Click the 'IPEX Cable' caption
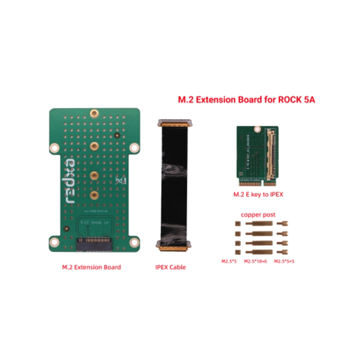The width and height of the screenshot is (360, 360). [x=170, y=267]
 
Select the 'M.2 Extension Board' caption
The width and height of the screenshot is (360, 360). [x=91, y=267]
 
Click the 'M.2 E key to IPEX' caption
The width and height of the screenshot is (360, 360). [x=258, y=196]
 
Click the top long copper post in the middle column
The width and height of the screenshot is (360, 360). [x=258, y=224]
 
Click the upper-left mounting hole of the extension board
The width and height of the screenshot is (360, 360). [x=54, y=147]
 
